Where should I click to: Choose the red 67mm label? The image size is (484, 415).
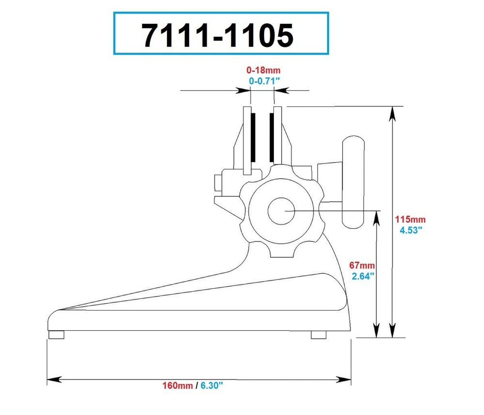pos(362,266)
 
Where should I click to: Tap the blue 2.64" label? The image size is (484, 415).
pos(362,276)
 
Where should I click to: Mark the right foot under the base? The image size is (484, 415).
pos(318,335)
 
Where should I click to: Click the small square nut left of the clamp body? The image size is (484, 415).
pos(217,182)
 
